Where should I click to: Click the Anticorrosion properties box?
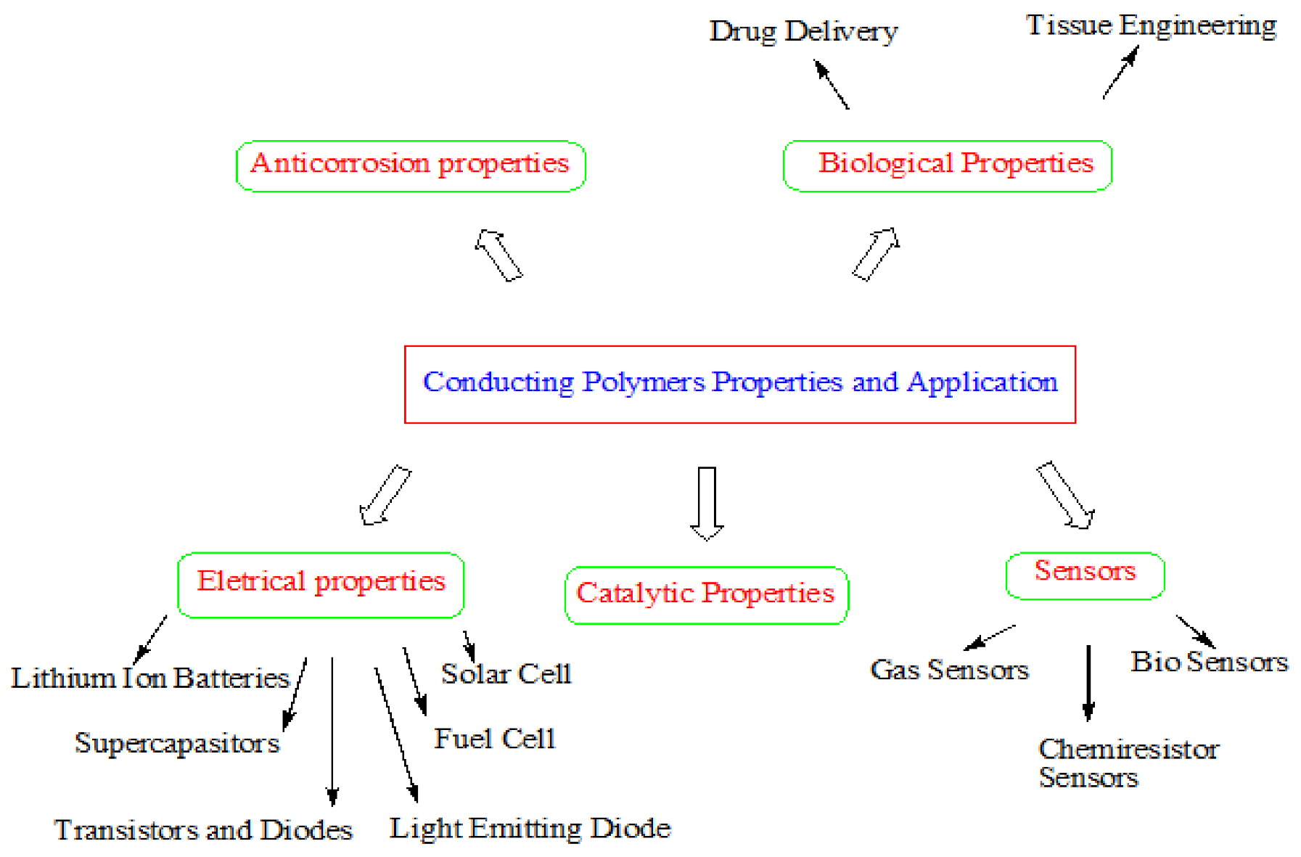[411, 165]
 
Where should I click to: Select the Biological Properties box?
[948, 165]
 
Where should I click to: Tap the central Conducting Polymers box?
[739, 384]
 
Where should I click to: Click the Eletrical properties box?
[321, 584]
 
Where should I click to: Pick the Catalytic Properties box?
[706, 595]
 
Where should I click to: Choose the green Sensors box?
[1085, 575]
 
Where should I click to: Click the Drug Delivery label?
[803, 32]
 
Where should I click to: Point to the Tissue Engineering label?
[1151, 26]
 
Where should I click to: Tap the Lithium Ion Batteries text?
[150, 678]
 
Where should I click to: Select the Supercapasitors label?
[177, 743]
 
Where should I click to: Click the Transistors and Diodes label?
[203, 830]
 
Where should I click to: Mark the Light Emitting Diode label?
[530, 829]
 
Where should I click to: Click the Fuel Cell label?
[495, 739]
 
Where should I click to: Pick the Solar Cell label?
[506, 674]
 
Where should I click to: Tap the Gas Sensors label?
[949, 670]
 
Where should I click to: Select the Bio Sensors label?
[1209, 662]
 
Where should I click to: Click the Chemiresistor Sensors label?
[1127, 762]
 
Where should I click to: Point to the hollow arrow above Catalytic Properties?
[707, 503]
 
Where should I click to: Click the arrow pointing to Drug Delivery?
[832, 84]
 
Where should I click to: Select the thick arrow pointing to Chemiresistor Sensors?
[1088, 682]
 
